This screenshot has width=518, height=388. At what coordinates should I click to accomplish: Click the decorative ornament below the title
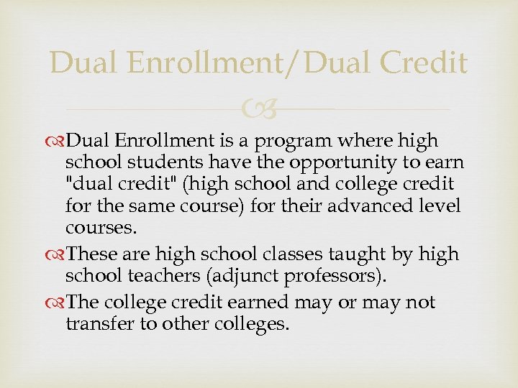pos(259,109)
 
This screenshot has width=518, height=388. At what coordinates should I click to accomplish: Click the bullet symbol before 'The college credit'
pos(57,303)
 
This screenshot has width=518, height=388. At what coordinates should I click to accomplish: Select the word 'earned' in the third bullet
pos(255,303)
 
